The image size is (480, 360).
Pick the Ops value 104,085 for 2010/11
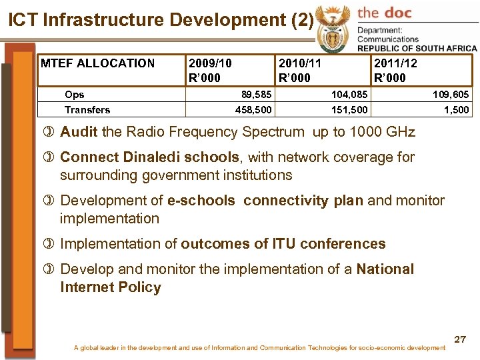tap(349, 95)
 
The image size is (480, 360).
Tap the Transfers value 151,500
tap(349, 109)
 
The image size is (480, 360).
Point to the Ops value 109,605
tap(451, 95)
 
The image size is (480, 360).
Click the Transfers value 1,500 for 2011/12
tap(457, 109)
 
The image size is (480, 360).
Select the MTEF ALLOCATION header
tap(97, 64)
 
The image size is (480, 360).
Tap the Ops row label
tap(74, 95)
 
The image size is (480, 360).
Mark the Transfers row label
tap(87, 109)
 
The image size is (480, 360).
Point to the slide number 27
tap(460, 339)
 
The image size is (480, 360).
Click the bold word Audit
tap(79, 132)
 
